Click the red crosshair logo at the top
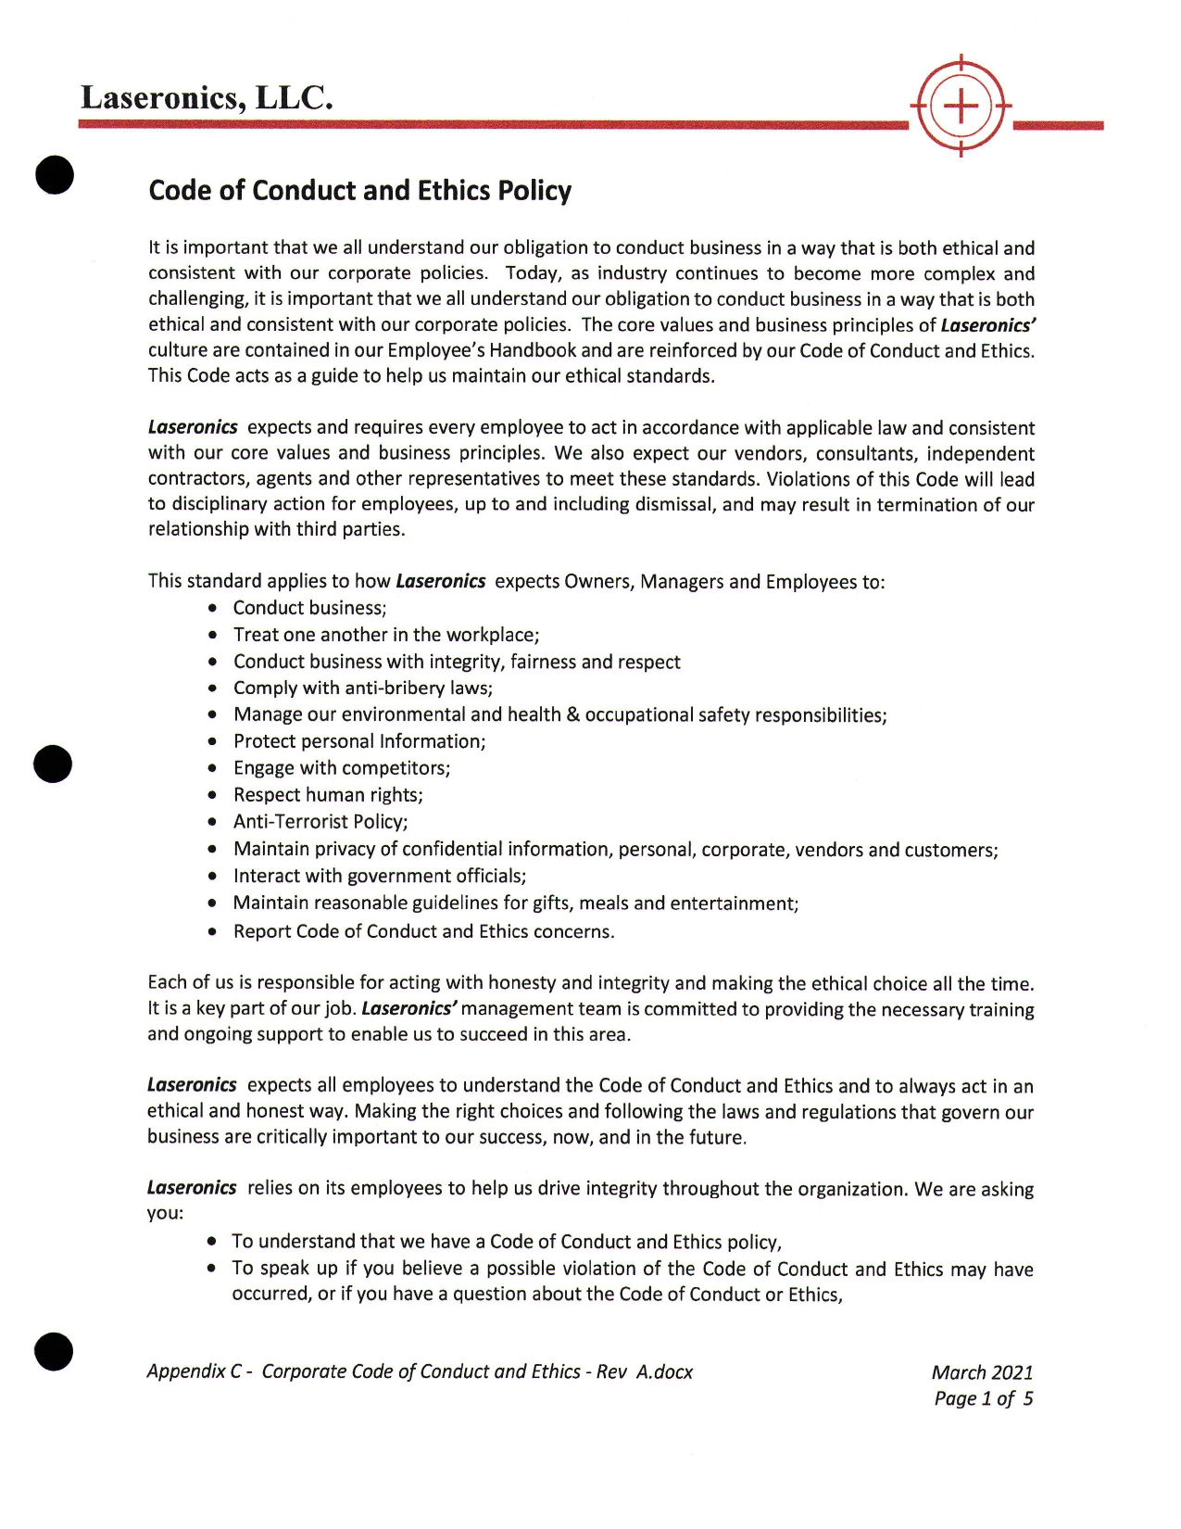(961, 107)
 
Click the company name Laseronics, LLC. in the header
(206, 97)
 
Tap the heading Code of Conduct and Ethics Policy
(359, 190)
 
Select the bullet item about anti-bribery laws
(362, 688)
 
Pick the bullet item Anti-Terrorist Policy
(320, 821)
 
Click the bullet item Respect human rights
(328, 794)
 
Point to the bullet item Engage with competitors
(342, 767)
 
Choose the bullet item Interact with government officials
(380, 876)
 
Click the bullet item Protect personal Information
(359, 741)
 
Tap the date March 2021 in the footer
(982, 1372)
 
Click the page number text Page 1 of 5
(983, 1398)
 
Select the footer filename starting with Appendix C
(420, 1371)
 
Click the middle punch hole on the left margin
(53, 763)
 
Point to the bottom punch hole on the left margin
(54, 1350)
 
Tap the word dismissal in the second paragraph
(673, 504)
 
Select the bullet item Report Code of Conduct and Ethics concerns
(423, 931)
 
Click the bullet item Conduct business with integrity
(457, 662)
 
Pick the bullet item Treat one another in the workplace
(386, 635)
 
